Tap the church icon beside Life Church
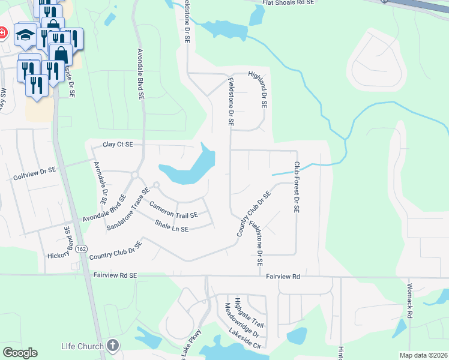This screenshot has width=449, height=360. (x=113, y=345)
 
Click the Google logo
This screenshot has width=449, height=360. (x=20, y=353)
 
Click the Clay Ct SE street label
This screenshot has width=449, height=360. (x=118, y=145)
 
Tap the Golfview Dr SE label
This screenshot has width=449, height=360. (x=34, y=170)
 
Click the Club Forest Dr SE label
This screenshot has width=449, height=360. (x=296, y=188)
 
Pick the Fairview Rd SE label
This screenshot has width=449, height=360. (x=116, y=275)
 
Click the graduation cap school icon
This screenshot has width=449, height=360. (x=25, y=35)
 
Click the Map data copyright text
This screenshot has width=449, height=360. (x=423, y=355)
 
